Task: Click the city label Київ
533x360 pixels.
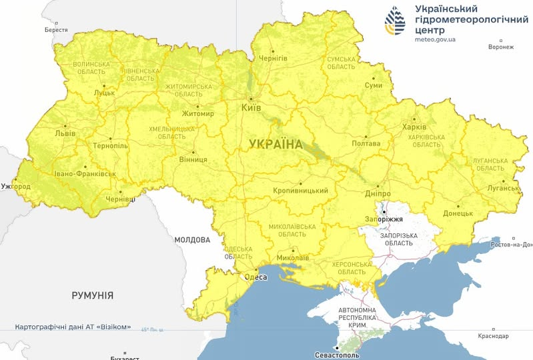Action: (251, 107)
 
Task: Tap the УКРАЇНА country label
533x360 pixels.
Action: (276, 144)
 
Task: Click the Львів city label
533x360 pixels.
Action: (65, 133)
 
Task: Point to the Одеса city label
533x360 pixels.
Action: (255, 277)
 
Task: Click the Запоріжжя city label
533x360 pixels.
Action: (384, 219)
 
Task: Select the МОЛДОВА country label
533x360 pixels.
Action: (192, 239)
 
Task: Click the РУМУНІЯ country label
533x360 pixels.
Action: (92, 295)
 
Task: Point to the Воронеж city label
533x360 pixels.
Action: (501, 47)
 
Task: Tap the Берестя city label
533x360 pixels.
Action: (56, 30)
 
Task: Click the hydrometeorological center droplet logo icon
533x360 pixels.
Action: (395, 21)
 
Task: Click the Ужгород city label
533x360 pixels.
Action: (15, 186)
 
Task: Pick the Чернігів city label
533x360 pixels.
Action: (273, 59)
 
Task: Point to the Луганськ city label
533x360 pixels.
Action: (503, 188)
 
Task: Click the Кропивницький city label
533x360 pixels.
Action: (300, 191)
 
